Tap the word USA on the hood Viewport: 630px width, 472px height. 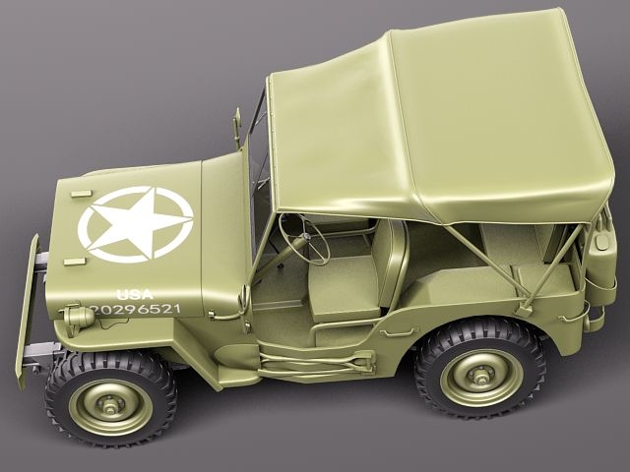(x=135, y=294)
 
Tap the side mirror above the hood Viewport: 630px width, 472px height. (x=237, y=126)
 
